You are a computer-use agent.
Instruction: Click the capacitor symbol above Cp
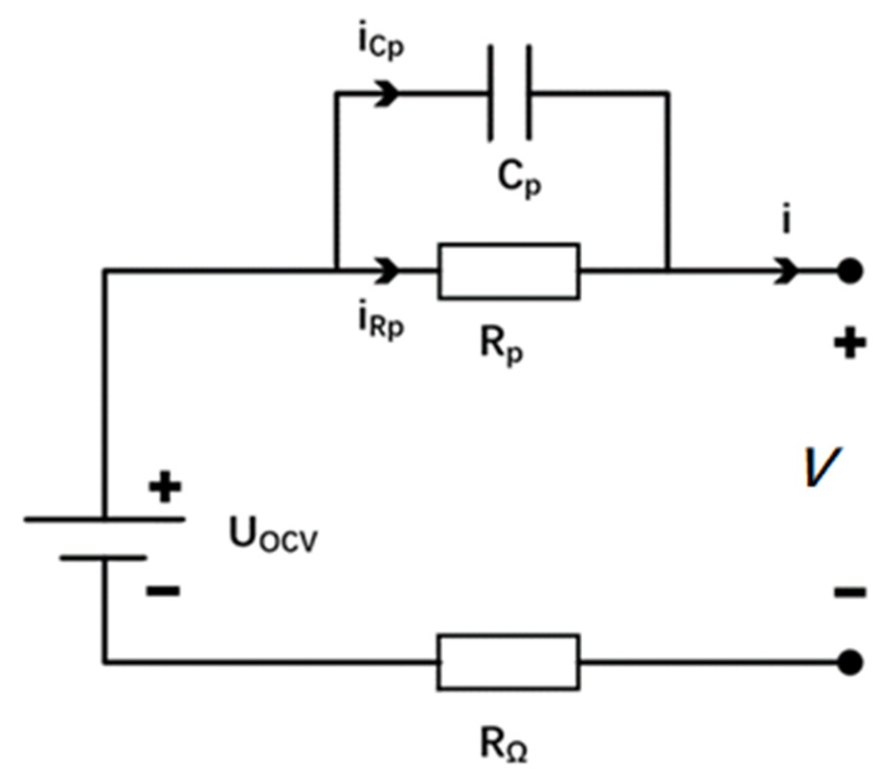pyautogui.click(x=510, y=93)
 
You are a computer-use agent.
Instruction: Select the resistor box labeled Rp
pyautogui.click(x=509, y=272)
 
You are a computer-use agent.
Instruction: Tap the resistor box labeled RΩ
pyautogui.click(x=508, y=663)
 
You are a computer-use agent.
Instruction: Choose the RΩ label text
pyautogui.click(x=504, y=745)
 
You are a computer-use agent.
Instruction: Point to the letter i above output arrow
pyautogui.click(x=786, y=222)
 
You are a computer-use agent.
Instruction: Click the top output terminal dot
pyautogui.click(x=849, y=271)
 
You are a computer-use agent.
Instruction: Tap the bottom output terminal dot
pyautogui.click(x=849, y=663)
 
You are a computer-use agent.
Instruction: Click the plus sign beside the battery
pyautogui.click(x=165, y=487)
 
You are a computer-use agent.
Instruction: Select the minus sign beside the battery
pyautogui.click(x=163, y=591)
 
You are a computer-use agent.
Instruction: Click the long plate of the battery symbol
pyautogui.click(x=104, y=519)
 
